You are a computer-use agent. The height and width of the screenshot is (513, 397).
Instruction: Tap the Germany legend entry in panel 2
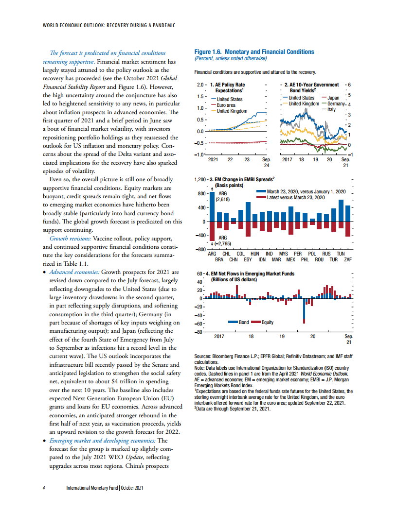pyautogui.click(x=336, y=104)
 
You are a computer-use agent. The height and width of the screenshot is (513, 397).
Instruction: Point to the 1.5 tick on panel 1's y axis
pyautogui.click(x=198, y=96)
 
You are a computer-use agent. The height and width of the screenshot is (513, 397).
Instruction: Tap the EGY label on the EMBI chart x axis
pyautogui.click(x=248, y=260)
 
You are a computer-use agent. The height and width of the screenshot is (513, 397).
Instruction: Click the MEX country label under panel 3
pyautogui.click(x=291, y=260)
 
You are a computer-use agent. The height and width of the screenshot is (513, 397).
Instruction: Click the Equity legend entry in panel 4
pyautogui.click(x=267, y=323)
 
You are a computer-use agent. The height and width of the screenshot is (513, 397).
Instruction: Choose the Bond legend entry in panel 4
pyautogui.click(x=243, y=323)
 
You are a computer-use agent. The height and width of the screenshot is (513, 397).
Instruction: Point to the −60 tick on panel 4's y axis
pyautogui.click(x=198, y=324)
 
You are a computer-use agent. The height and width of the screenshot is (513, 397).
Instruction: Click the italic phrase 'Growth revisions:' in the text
pyautogui.click(x=70, y=239)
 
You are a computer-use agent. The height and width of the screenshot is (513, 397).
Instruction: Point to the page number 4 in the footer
pyautogui.click(x=44, y=487)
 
